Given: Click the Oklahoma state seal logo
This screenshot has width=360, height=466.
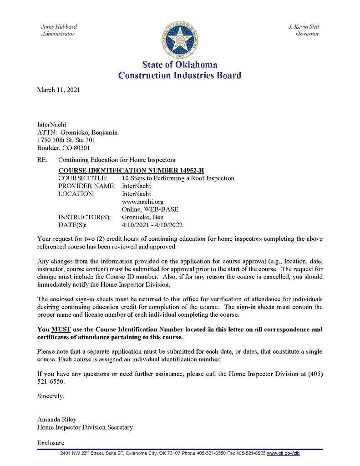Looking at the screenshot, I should tap(180, 38).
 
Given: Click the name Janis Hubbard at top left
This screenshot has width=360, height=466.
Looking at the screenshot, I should tap(59, 27).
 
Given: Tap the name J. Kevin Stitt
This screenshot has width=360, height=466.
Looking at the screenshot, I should tap(304, 27).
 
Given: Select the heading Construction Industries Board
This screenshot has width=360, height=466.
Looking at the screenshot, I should tap(180, 76).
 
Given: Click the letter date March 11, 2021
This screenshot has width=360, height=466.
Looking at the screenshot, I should tap(58, 90).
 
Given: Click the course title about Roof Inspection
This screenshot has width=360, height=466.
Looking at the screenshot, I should tap(178, 178).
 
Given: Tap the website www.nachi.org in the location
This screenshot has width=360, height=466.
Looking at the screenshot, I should tap(142, 202).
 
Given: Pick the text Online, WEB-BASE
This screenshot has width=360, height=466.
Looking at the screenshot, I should tap(150, 209).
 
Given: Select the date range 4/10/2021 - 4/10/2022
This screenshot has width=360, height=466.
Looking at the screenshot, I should tap(152, 225).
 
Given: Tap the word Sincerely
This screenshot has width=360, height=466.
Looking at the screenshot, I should tap(51, 396).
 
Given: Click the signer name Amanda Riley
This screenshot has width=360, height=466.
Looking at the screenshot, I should tap(56, 420).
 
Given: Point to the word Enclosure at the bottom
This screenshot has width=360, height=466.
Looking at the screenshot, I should tap(51, 443).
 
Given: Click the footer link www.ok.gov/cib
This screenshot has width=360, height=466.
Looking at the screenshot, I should tap(283, 453).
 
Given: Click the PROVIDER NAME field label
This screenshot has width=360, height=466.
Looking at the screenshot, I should tap(86, 186).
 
